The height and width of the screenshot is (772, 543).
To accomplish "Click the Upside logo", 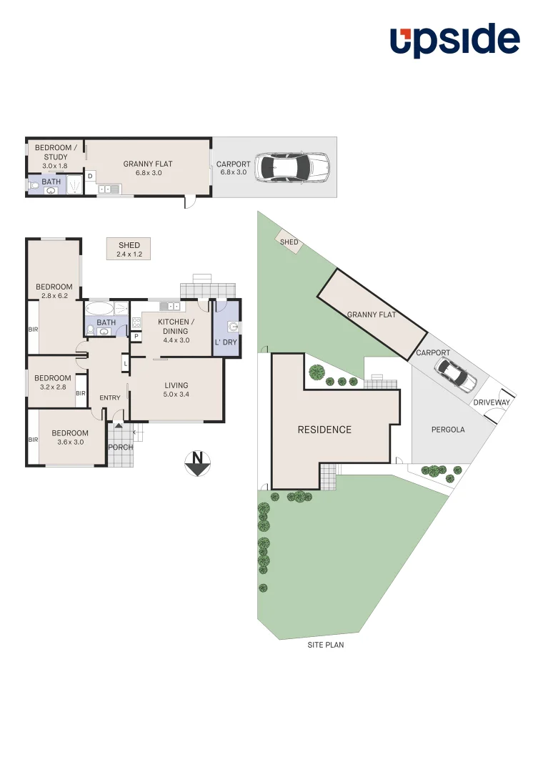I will (x=454, y=41).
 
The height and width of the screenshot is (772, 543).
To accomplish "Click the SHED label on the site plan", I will (x=289, y=242).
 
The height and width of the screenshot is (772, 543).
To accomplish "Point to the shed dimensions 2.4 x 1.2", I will (x=129, y=254).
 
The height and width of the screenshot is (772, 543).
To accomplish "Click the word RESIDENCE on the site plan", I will (x=324, y=430).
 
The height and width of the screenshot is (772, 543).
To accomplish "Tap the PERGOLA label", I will (x=448, y=430).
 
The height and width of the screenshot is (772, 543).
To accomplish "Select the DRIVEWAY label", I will (x=492, y=403).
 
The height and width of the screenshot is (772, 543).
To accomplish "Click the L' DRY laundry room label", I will (x=226, y=342).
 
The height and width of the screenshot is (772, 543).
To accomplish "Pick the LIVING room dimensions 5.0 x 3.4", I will (x=176, y=395).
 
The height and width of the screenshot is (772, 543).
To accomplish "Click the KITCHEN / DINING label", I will (x=173, y=327).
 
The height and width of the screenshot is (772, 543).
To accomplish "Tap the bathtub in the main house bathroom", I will (x=99, y=310).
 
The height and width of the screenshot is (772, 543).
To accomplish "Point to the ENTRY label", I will (x=110, y=398).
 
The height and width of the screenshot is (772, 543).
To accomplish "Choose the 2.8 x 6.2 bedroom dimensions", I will (x=54, y=296).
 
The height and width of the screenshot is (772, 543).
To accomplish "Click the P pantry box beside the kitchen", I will (x=136, y=336).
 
